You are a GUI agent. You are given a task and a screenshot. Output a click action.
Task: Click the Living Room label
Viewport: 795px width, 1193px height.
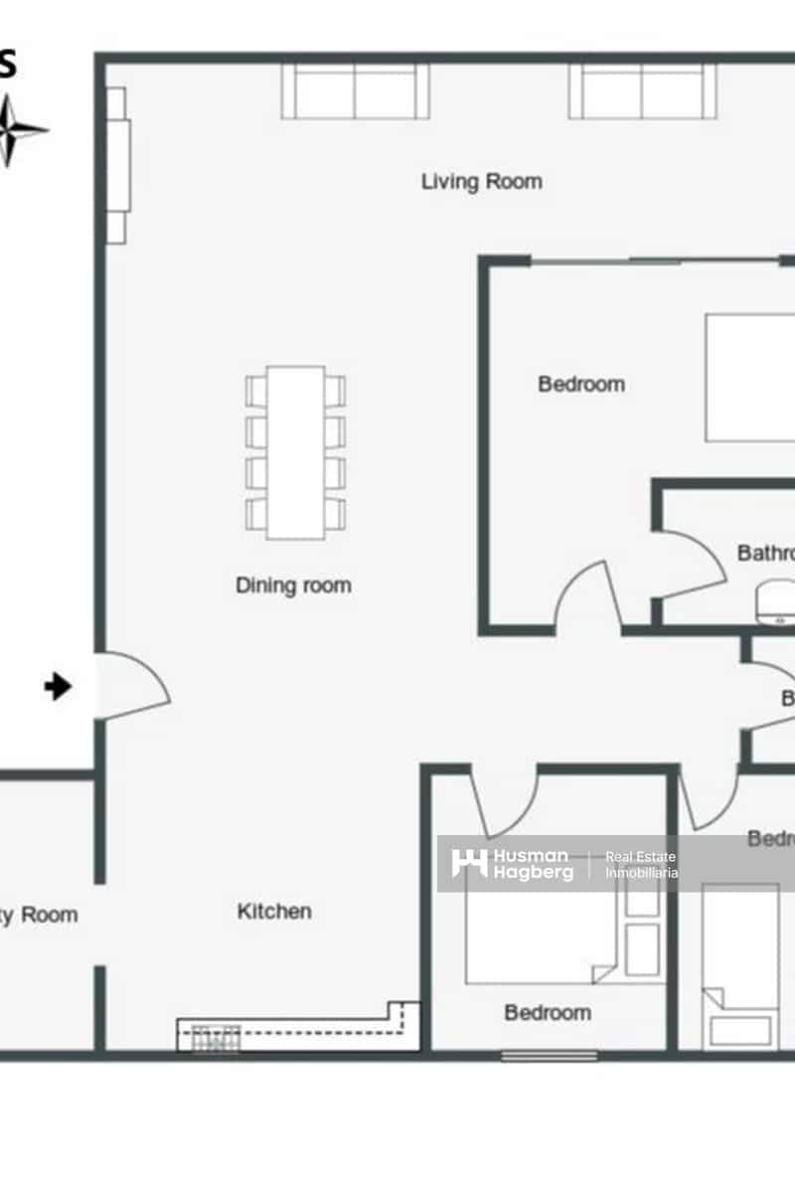[x=482, y=182]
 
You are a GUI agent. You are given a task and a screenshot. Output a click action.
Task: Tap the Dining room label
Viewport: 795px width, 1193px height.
[x=293, y=586]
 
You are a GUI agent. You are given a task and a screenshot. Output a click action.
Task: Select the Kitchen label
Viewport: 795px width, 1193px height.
[x=274, y=911]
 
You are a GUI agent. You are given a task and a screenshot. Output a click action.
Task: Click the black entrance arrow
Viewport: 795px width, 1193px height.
[x=59, y=686]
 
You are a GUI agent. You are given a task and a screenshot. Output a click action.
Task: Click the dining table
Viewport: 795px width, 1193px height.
[x=295, y=452]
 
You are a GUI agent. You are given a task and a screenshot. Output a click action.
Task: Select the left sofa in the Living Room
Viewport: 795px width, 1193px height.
[x=355, y=91]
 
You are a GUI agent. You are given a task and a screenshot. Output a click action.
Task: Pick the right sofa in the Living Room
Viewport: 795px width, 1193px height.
[x=642, y=91]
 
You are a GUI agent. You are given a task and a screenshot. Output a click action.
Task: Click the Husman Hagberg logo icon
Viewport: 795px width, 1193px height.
[x=469, y=863]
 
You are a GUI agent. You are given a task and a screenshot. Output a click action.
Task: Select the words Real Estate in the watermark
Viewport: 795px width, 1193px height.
[x=641, y=857]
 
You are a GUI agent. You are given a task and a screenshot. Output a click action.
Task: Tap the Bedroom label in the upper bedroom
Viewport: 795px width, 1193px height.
[x=581, y=384]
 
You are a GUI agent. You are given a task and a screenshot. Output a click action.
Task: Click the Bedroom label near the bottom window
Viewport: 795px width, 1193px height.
[x=548, y=1013]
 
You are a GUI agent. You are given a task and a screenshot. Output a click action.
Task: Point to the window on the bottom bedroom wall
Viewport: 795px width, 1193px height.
[x=549, y=1056]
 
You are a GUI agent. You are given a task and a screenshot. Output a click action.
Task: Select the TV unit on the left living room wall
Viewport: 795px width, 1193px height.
[x=117, y=165]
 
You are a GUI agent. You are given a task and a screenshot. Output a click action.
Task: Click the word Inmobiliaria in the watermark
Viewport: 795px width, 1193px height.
[x=642, y=873]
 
